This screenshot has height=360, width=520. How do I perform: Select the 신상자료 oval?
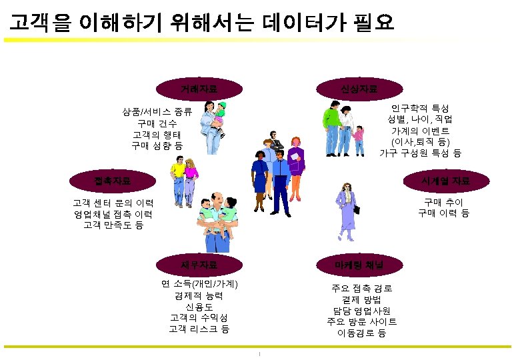[x=359, y=88]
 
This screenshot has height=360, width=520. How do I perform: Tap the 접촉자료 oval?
[x=113, y=180]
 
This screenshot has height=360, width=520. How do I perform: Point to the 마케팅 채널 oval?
[x=359, y=265]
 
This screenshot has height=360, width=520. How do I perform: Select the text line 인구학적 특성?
[x=420, y=108]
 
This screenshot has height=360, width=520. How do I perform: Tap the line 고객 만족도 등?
[x=113, y=225]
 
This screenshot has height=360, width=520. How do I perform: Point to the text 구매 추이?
[x=443, y=202]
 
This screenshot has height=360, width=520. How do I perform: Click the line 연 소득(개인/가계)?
[x=199, y=284]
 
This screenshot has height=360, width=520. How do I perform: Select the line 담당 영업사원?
[x=361, y=311]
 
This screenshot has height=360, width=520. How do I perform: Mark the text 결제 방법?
[x=361, y=299]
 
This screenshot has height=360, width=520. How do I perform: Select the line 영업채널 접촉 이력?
[x=113, y=214]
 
